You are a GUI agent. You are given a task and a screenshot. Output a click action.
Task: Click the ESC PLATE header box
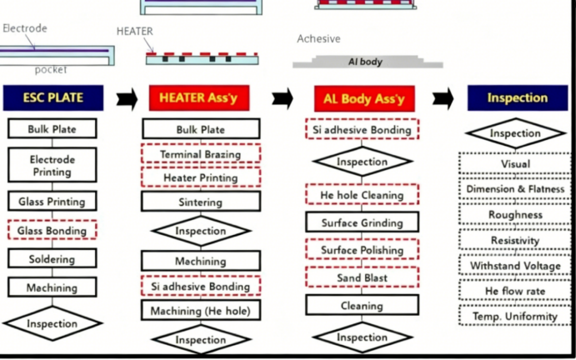53,97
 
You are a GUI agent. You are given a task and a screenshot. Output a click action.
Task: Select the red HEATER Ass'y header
199,97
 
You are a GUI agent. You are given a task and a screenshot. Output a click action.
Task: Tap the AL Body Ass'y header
364,98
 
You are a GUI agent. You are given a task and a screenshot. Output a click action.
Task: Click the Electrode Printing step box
53,165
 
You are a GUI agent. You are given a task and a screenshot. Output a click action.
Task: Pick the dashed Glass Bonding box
53,230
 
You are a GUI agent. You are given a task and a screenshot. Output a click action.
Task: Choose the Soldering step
53,258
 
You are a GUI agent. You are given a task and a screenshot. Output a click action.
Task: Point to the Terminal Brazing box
201,153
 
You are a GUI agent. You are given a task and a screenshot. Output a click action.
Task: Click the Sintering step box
201,202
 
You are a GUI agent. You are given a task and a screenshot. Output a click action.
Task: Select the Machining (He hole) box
201,310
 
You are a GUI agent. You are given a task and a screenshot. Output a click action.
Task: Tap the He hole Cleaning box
363,194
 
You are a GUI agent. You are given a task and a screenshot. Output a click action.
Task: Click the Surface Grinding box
363,222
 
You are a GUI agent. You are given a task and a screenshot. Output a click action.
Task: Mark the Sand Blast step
363,277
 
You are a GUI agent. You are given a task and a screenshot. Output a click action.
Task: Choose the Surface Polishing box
363,249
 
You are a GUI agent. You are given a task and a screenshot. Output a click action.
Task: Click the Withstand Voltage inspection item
515,265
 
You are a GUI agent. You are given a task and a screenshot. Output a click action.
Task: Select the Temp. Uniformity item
515,316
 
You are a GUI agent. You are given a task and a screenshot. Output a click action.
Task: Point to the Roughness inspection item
515,214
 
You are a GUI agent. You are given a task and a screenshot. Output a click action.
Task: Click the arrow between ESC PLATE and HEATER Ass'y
127,98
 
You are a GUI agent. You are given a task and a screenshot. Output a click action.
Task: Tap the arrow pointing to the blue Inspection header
443,98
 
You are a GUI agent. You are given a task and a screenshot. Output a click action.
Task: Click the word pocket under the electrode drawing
51,70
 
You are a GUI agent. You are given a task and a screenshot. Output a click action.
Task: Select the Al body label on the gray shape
365,62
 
